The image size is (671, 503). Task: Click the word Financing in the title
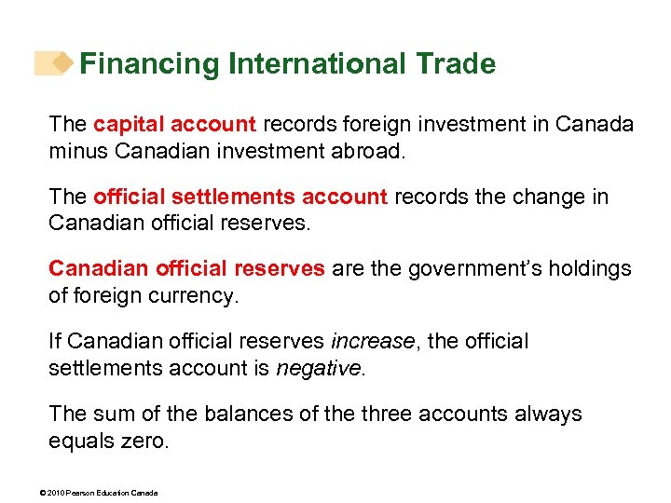click(x=149, y=64)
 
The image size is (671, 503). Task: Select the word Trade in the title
click(x=456, y=64)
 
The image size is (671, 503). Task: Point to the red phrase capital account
click(x=174, y=124)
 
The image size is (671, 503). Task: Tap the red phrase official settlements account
click(x=240, y=197)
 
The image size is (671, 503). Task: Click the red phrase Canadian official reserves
click(x=186, y=269)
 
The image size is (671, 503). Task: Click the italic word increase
click(x=373, y=342)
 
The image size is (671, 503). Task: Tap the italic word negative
click(x=318, y=368)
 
